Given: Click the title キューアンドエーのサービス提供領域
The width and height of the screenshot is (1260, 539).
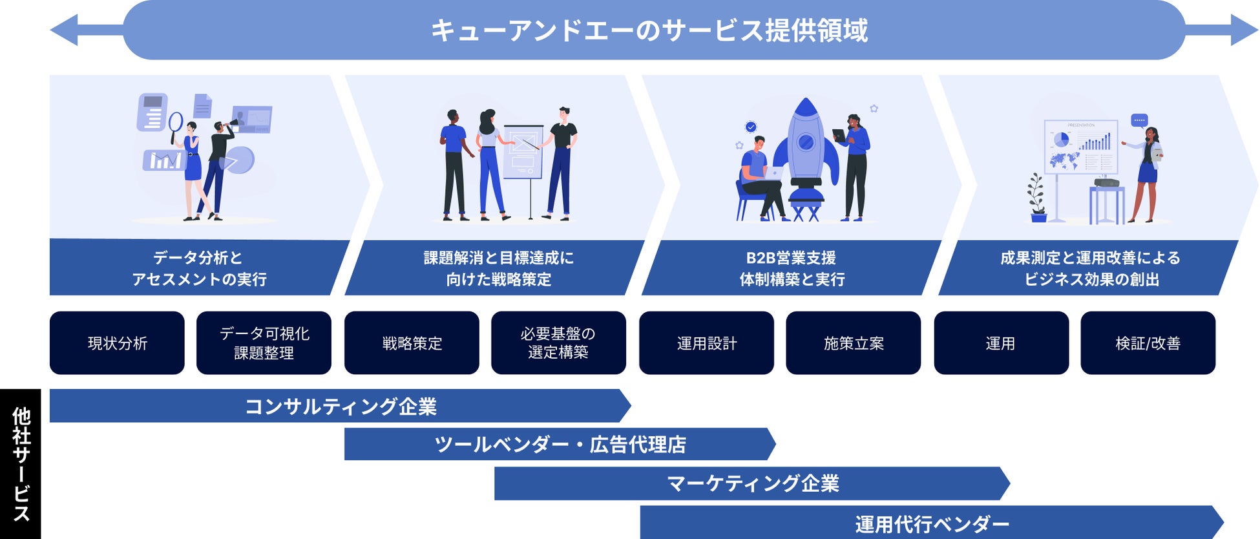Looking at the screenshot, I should pyautogui.click(x=649, y=30).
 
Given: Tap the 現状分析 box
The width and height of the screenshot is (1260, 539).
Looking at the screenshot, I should pyautogui.click(x=117, y=343).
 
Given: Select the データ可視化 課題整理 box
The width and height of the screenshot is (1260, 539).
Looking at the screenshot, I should pyautogui.click(x=264, y=343).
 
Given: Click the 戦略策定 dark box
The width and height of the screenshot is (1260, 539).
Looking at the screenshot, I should pyautogui.click(x=412, y=343).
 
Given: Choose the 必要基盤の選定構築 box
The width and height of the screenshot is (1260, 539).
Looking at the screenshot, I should pyautogui.click(x=558, y=343).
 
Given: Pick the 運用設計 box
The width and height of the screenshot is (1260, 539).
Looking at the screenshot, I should pyautogui.click(x=706, y=343).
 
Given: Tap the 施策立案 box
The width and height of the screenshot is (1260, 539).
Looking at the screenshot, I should pyautogui.click(x=853, y=343).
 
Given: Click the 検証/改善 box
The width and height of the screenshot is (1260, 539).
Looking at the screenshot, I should pyautogui.click(x=1148, y=343).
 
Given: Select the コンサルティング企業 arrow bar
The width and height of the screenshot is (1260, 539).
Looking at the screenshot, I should pyautogui.click(x=341, y=406).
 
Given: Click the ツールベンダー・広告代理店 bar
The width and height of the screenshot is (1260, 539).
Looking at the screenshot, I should pyautogui.click(x=560, y=444).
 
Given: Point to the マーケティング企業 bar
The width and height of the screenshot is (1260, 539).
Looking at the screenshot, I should pyautogui.click(x=752, y=483).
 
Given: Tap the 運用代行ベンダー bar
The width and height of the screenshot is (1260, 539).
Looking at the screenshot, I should pyautogui.click(x=931, y=523).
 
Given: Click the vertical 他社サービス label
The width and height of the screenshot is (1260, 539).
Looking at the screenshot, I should pyautogui.click(x=21, y=464).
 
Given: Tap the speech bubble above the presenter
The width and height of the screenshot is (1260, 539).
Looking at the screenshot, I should pyautogui.click(x=1139, y=120).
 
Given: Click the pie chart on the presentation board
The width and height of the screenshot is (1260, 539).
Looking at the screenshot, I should pyautogui.click(x=1061, y=140).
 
